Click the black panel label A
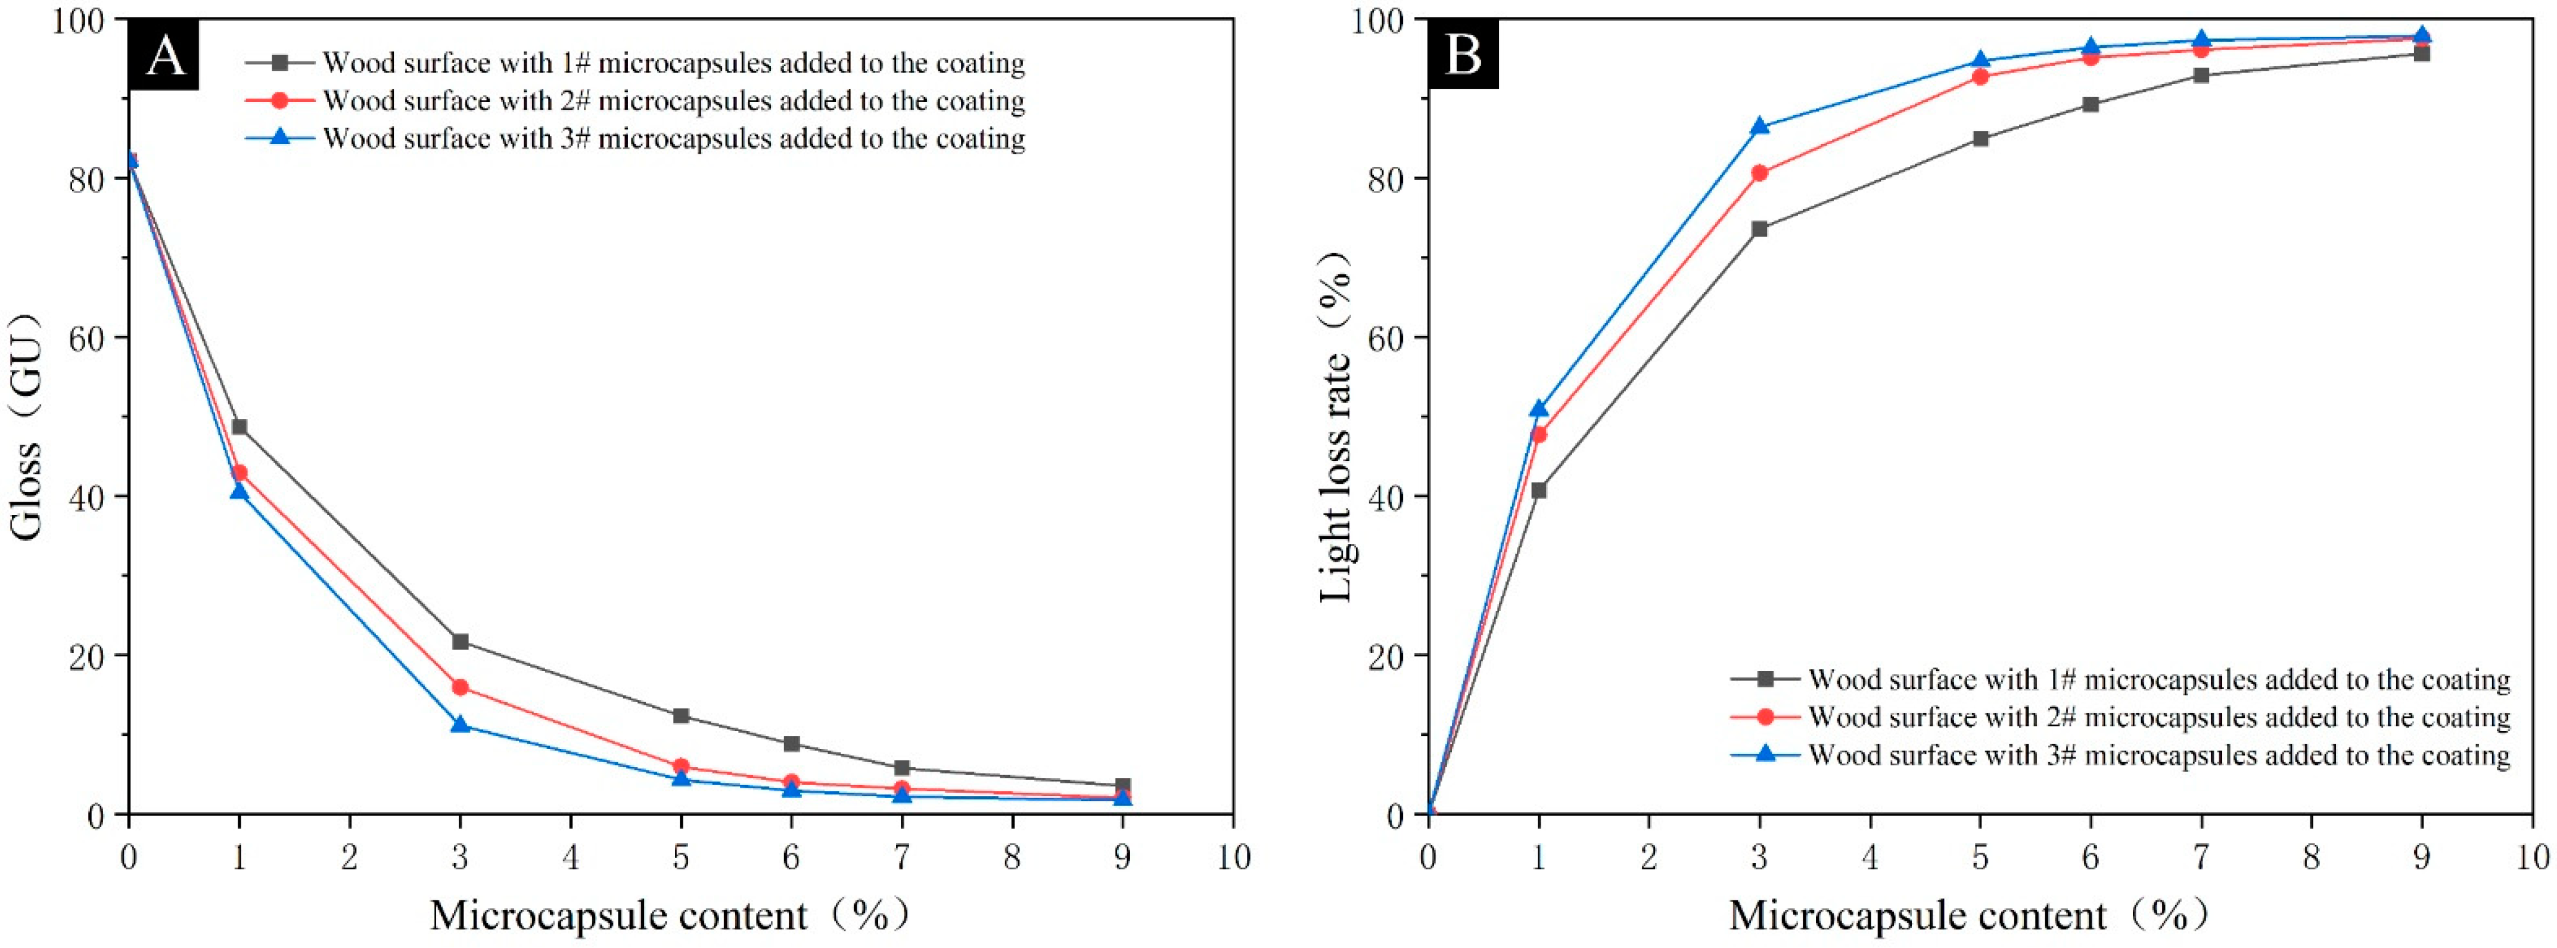point(164,55)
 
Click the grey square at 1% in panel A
point(239,427)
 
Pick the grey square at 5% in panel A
point(681,716)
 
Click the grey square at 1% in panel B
point(1539,490)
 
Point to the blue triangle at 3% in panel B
point(1760,126)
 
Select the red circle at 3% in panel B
point(1760,173)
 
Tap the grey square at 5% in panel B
point(1980,139)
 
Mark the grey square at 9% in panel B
point(2422,54)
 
